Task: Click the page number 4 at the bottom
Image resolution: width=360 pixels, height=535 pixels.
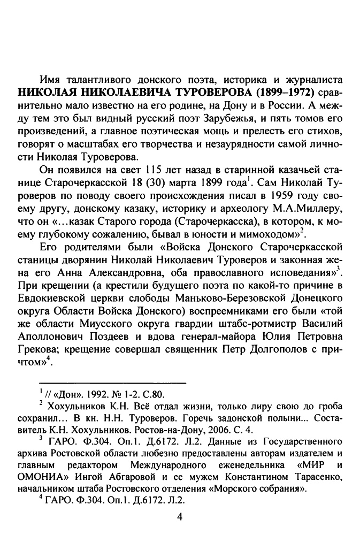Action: [180, 517]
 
